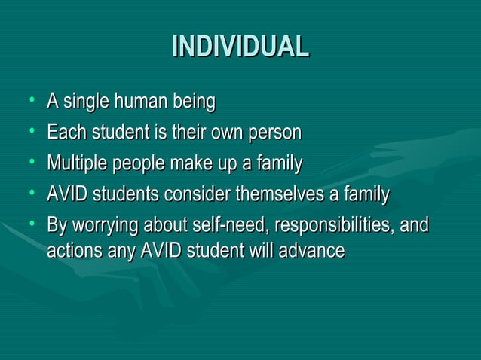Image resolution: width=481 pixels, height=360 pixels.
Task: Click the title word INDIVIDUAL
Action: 240,47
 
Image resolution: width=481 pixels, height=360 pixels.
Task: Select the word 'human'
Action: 141,101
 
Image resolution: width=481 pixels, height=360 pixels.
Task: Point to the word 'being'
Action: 193,102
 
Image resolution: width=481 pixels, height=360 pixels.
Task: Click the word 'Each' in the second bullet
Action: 64,133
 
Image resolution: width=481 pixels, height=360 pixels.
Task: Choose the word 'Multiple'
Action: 75,164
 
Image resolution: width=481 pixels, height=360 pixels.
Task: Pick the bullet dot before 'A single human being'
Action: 31,100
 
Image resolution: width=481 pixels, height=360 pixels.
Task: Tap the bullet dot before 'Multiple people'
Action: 31,163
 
